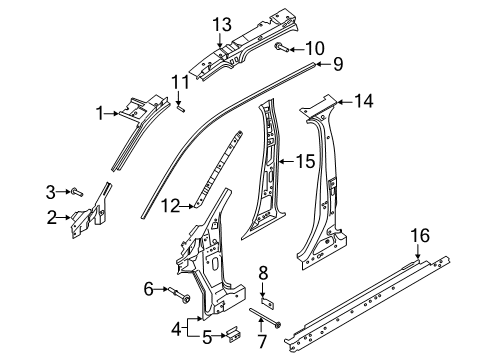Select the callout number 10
coord(314,47)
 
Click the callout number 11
coord(179,81)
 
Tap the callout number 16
coord(421,264)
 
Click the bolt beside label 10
coord(283,47)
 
